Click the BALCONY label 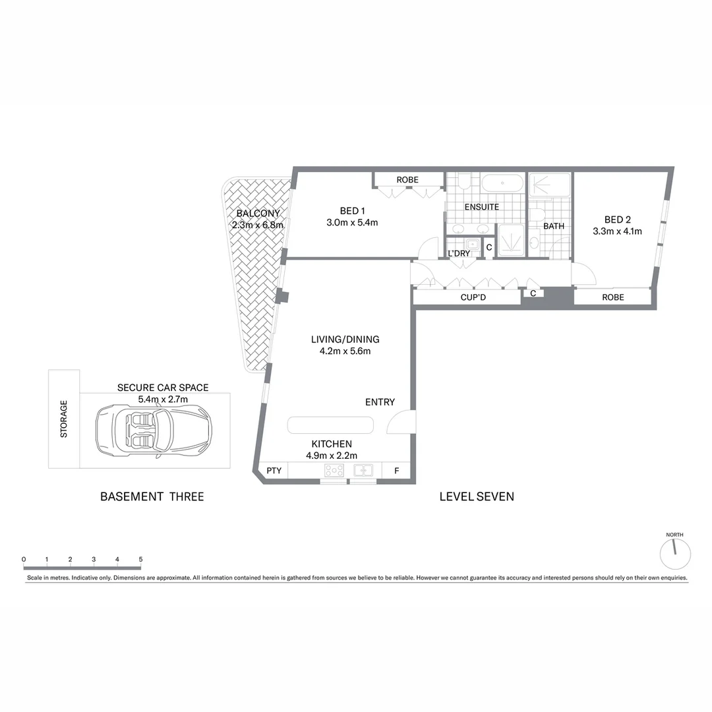(x=258, y=214)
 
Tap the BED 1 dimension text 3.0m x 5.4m (x=352, y=223)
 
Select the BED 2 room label (x=618, y=220)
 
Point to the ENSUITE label (x=481, y=207)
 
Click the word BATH (x=554, y=226)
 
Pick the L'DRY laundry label (x=459, y=254)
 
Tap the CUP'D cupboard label (x=473, y=297)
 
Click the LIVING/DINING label (x=345, y=340)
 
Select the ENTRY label (x=380, y=402)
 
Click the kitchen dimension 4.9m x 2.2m (x=332, y=456)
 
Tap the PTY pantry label (x=274, y=471)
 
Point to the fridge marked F (x=396, y=471)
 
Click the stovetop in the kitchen (x=334, y=471)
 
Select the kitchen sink (x=363, y=471)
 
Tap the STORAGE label (x=64, y=419)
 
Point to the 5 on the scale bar (x=140, y=560)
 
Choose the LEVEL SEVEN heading (x=477, y=496)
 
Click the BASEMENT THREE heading (x=152, y=496)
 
